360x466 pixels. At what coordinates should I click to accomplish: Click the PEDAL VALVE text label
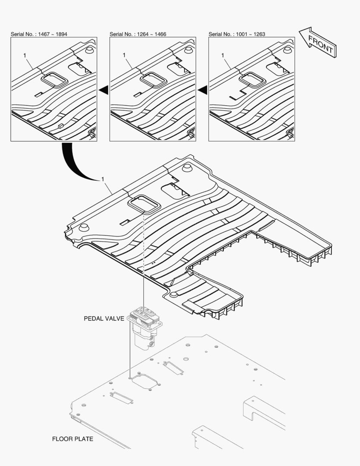pos(104,319)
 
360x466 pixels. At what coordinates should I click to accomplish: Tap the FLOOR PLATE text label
pos(72,439)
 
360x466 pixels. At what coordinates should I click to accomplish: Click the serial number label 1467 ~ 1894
pos(39,34)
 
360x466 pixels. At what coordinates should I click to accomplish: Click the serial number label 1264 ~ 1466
pos(138,34)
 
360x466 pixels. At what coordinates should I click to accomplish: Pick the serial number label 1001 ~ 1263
pos(237,34)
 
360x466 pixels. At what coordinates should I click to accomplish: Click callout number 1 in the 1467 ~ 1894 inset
pos(25,55)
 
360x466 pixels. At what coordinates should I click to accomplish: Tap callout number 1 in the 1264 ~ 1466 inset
pos(124,55)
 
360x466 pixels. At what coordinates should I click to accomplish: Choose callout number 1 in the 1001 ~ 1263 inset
pos(223,55)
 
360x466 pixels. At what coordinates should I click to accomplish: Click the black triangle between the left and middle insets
pos(103,89)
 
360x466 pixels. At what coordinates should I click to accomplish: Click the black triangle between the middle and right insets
pos(202,89)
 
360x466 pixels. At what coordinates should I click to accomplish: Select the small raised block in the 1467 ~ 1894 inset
pos(60,126)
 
